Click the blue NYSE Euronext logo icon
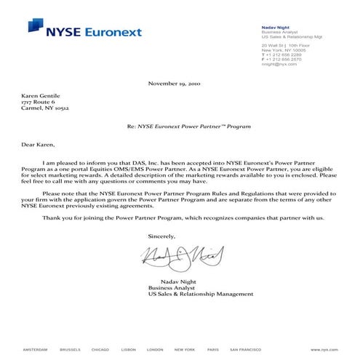click(35, 26)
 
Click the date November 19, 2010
click(179, 84)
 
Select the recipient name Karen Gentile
click(41, 95)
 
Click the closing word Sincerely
click(161, 237)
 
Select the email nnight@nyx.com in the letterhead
click(279, 64)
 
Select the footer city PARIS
click(212, 349)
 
